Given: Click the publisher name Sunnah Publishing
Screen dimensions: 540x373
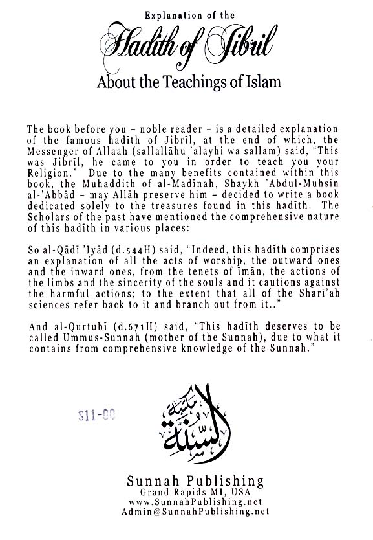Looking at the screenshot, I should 186,482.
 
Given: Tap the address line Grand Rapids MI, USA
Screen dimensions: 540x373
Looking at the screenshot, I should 186,493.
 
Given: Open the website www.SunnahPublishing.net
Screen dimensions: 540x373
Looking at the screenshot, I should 186,502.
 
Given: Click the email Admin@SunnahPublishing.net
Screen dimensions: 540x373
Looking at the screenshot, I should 186,512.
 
